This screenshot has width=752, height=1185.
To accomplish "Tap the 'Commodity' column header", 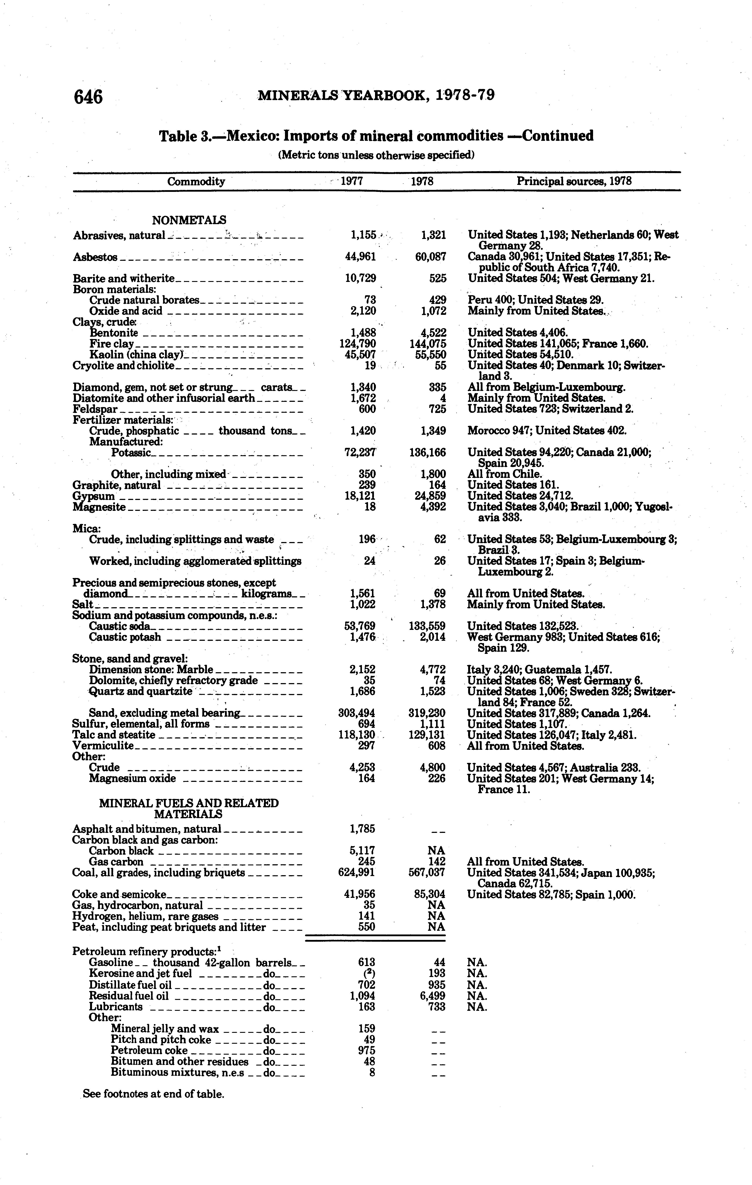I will [x=196, y=182].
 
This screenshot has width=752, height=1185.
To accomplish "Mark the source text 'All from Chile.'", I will [x=505, y=474].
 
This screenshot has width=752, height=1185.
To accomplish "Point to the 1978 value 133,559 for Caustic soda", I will [x=427, y=626].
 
